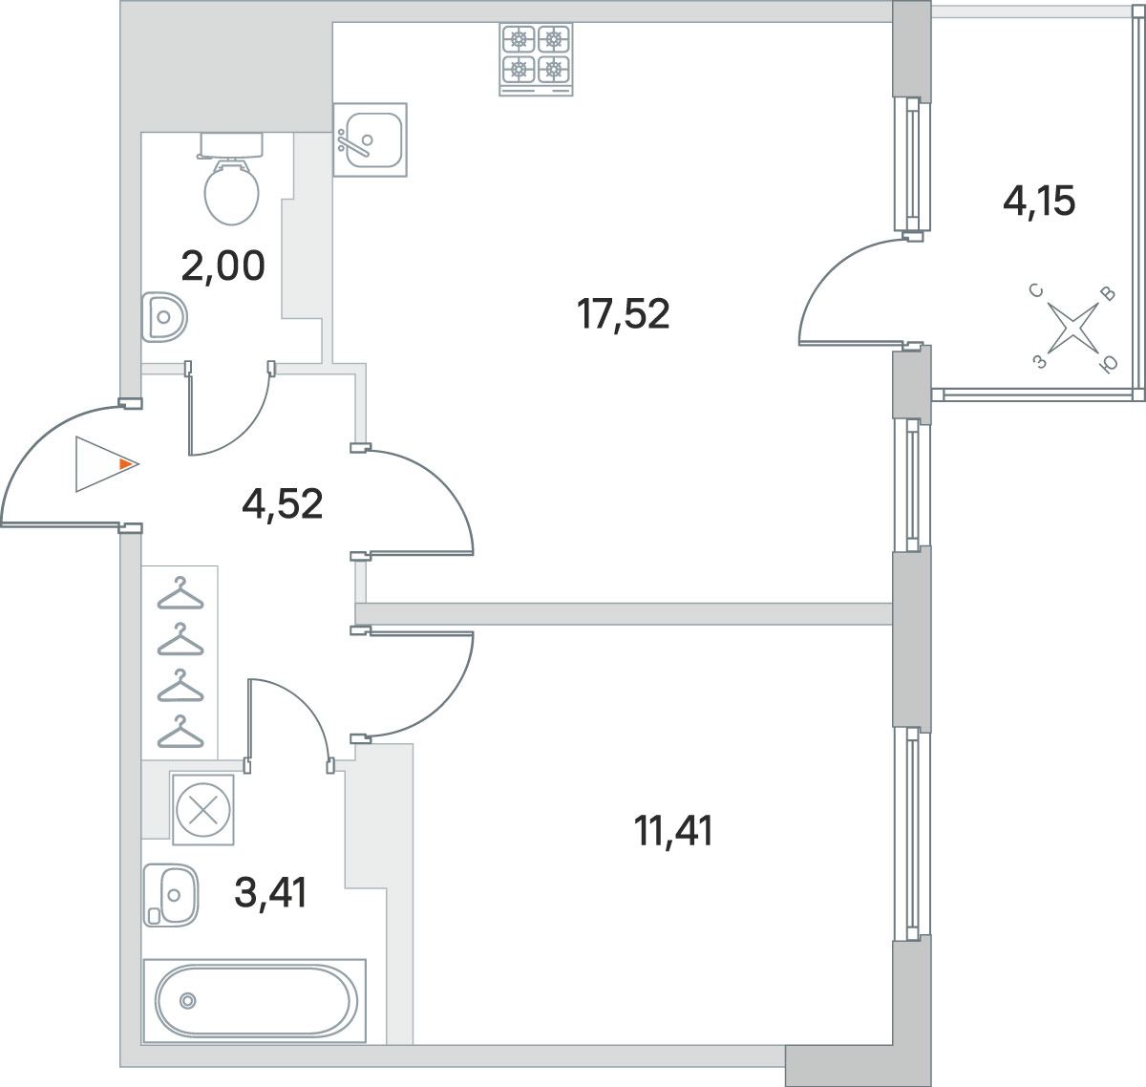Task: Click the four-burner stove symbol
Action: click(x=536, y=59)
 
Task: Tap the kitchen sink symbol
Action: click(x=370, y=140)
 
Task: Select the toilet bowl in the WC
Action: click(x=231, y=179)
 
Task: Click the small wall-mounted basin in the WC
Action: click(x=164, y=317)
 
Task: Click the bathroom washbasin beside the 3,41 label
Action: click(x=171, y=895)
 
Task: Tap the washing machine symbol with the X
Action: click(x=203, y=810)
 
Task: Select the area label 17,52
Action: click(x=623, y=314)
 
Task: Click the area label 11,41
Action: click(x=672, y=831)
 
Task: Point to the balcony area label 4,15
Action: click(x=1039, y=202)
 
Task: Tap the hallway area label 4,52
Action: click(x=282, y=504)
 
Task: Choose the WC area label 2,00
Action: click(x=223, y=266)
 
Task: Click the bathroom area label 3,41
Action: click(x=270, y=893)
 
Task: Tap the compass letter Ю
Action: click(x=1108, y=364)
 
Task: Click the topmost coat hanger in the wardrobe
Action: click(x=180, y=593)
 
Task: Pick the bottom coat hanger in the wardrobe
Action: click(x=180, y=732)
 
